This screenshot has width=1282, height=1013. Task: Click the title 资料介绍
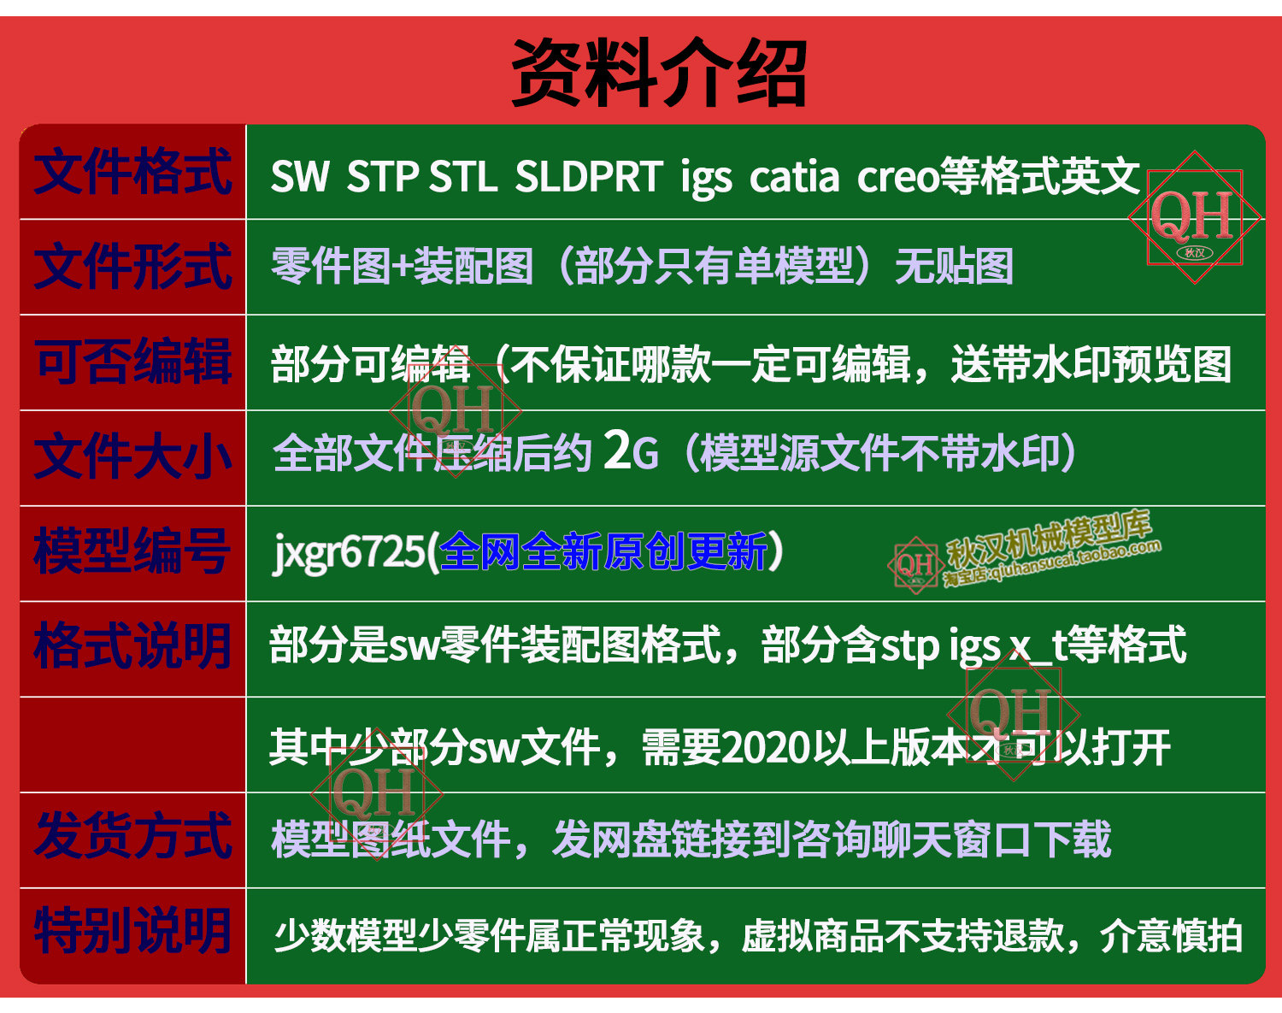[659, 73]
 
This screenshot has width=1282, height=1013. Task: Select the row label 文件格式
[132, 172]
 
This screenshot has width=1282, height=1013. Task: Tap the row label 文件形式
[132, 267]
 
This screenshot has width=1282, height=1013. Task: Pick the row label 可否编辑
[132, 362]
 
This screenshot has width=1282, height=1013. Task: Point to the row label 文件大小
[132, 456]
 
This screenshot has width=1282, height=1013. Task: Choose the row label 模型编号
[132, 551]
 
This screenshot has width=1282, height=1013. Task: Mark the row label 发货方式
[132, 837]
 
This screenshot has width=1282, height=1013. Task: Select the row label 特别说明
[132, 932]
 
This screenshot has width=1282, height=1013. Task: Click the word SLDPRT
[589, 176]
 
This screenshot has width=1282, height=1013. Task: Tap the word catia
[794, 178]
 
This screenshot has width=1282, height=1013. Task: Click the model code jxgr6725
[348, 552]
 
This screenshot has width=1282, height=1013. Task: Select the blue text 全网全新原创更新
[603, 551]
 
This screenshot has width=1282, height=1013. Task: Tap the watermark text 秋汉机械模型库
[1050, 538]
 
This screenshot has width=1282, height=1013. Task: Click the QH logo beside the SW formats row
[1194, 217]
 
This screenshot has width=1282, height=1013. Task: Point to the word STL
[463, 176]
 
